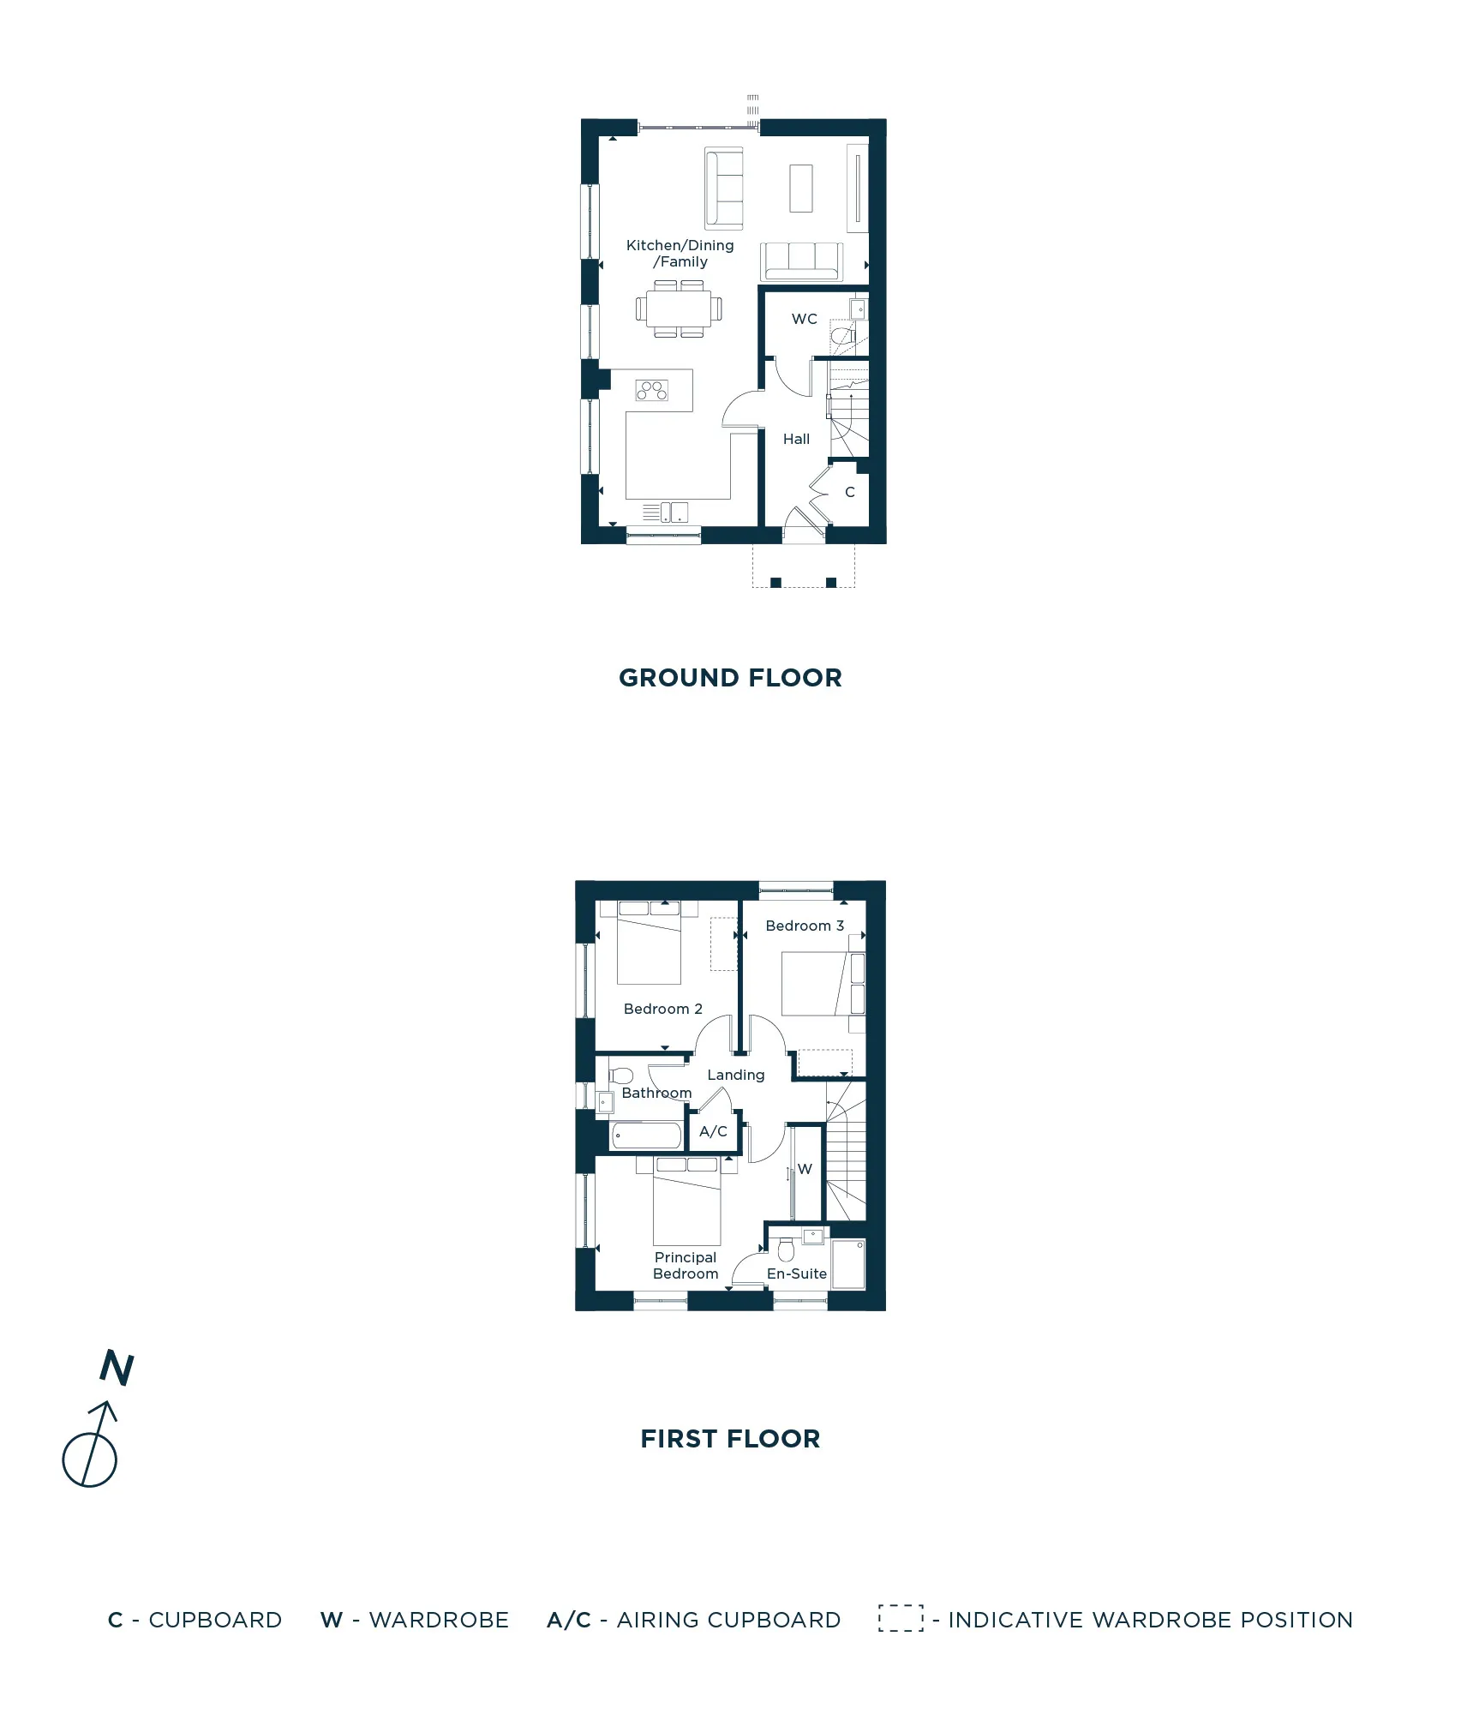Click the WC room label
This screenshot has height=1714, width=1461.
point(804,319)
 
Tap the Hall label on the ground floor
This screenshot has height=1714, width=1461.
point(796,439)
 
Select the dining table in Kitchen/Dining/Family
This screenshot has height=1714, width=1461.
point(679,309)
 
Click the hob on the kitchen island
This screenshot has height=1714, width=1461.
point(651,391)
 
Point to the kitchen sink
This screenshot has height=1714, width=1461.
point(674,512)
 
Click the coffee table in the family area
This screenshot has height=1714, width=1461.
point(800,188)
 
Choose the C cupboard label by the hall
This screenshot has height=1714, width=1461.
point(850,492)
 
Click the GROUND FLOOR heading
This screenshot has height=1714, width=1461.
point(730,678)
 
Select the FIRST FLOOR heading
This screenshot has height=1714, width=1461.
point(730,1439)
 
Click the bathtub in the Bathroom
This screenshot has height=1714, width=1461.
point(647,1136)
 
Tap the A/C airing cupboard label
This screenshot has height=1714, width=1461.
point(713,1131)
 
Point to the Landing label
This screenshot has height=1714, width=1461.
point(735,1075)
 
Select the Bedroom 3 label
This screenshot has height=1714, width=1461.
point(805,926)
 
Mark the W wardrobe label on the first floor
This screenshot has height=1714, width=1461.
point(805,1169)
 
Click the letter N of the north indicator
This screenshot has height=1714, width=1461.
point(117,1368)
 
